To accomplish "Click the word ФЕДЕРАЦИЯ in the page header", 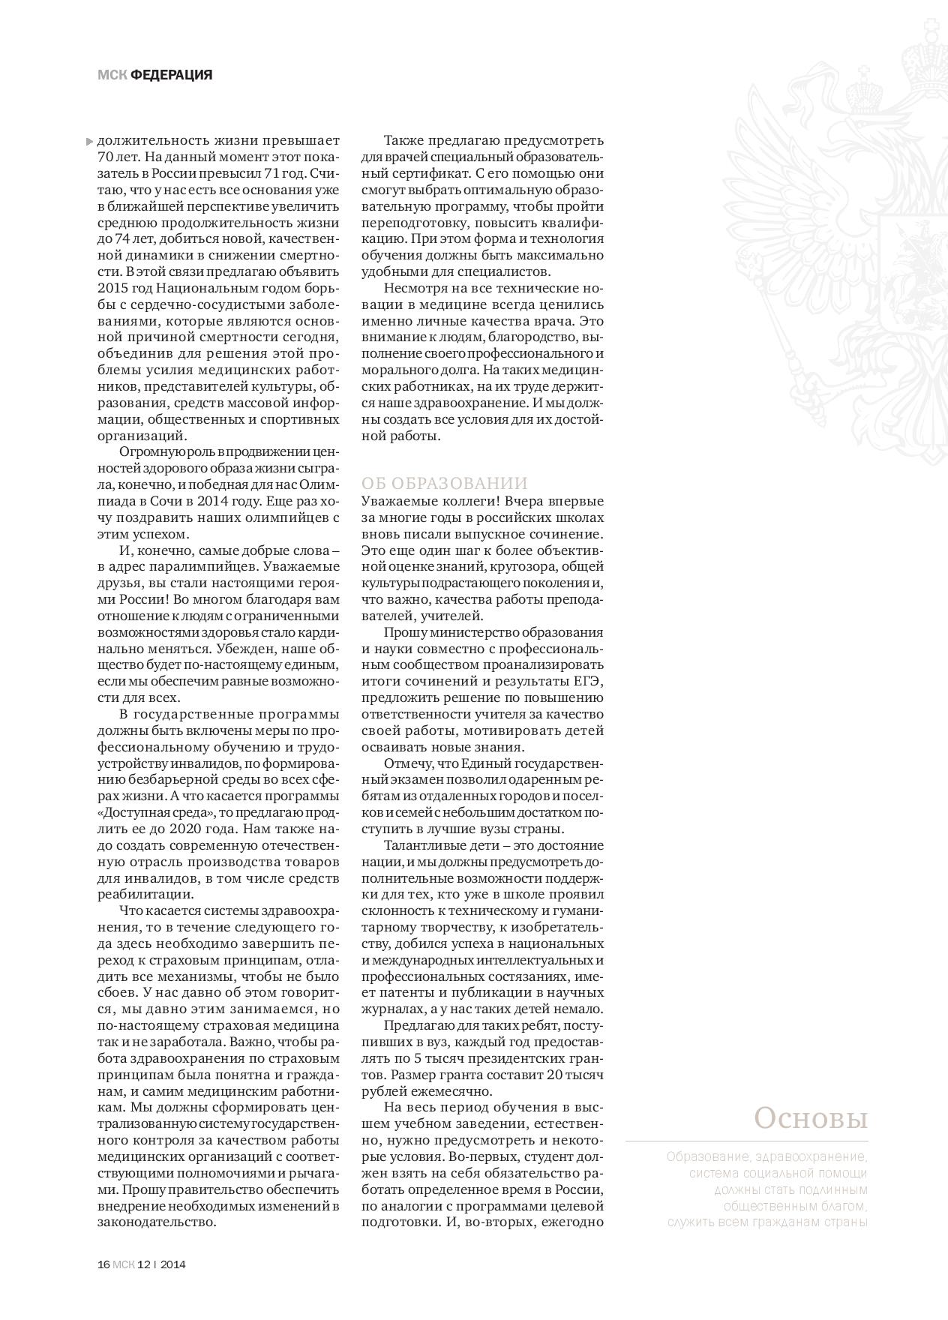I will [172, 75].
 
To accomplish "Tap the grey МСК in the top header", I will [112, 75].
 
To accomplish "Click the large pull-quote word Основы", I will [811, 1118].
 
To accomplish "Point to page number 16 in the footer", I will [103, 1264].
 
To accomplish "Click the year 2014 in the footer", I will [173, 1264].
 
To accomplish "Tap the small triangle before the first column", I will [90, 141].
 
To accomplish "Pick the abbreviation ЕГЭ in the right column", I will [589, 681].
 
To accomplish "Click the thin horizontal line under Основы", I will [746, 1141].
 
